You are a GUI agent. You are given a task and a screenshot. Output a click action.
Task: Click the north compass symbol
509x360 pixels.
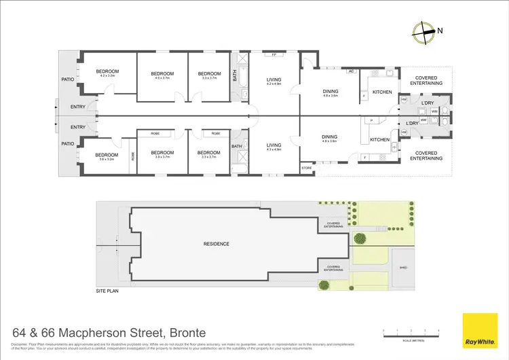pos(426,30)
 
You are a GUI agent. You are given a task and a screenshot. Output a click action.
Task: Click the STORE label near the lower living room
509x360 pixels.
pos(307,166)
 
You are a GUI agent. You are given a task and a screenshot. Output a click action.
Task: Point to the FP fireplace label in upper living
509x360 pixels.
pos(273,54)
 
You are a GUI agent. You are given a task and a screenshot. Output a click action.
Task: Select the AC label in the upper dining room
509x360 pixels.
pos(352,71)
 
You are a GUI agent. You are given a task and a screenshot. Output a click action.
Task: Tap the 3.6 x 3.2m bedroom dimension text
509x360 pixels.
pos(107,160)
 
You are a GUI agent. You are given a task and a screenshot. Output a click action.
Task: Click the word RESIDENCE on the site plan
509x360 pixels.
pos(216,244)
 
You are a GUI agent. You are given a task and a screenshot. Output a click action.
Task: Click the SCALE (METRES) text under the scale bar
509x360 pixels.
pos(411,340)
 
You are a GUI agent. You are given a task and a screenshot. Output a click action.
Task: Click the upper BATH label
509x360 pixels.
pos(235,77)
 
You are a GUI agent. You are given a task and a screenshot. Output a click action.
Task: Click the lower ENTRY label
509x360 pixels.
pos(78,127)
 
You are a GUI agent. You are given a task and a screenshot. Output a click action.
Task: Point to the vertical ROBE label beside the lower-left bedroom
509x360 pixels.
pos(132,155)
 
